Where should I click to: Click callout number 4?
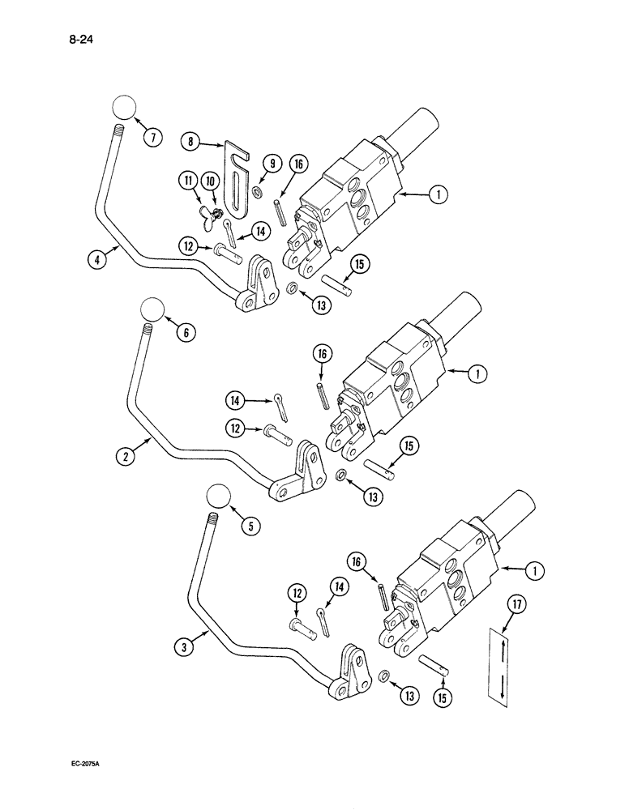tap(97, 260)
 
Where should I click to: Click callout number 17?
tap(509, 603)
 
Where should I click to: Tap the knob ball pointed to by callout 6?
tap(152, 309)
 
